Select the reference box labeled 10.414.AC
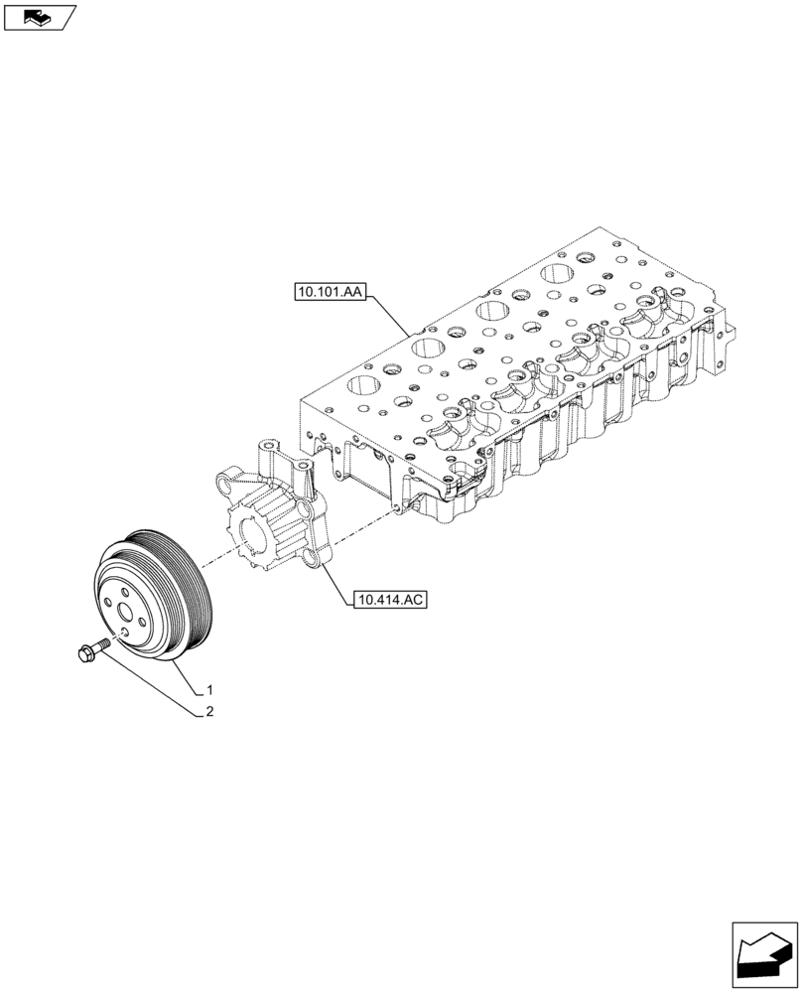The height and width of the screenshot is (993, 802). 388,600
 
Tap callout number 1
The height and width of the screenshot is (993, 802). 210,689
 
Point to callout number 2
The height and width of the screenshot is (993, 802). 210,712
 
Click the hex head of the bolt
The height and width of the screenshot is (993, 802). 82,651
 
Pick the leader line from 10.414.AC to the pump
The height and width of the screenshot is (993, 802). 334,586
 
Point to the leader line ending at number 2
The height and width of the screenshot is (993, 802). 159,685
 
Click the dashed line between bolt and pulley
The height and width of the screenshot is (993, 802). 112,638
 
